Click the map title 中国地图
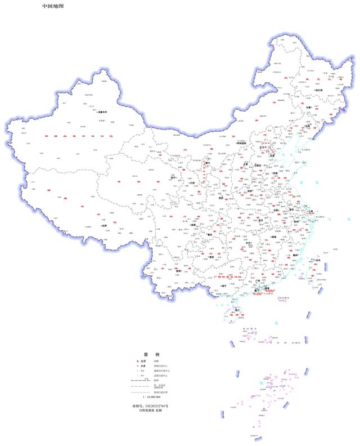pos(52,6)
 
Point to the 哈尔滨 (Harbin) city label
pos(318,90)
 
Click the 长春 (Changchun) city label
pos(310,106)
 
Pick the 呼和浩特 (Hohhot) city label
pos(243,143)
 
